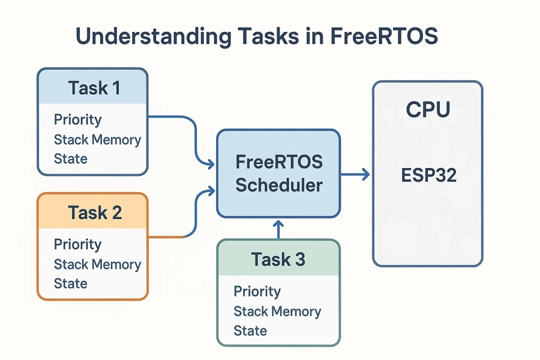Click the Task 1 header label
coord(94,88)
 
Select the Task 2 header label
coord(95,212)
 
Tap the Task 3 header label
coord(278,259)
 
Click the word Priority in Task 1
coord(77,119)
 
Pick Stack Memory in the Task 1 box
coord(97,140)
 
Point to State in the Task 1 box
coord(70,159)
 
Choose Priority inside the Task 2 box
coord(77,244)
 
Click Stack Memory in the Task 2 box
coord(97,264)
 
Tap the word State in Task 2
coord(70,283)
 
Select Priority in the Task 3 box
coord(257,292)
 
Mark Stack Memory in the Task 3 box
coord(277,311)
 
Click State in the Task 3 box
coord(250,331)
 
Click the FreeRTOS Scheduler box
coord(278,173)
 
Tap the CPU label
coord(428,110)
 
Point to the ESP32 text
coord(428,175)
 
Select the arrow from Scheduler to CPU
coord(355,175)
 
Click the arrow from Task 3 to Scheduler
coord(278,229)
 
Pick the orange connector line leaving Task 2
coord(171,238)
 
